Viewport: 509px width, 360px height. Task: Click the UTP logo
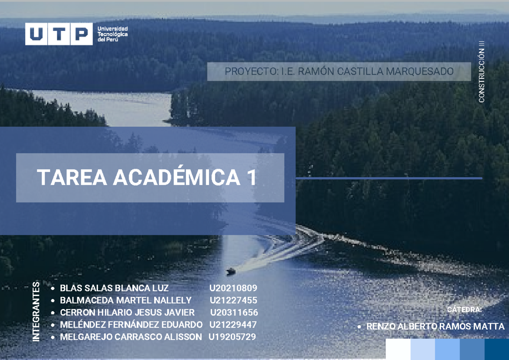[x=59, y=33]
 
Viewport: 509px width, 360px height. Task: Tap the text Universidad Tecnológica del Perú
[x=112, y=33]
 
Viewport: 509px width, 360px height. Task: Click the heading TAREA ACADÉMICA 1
[x=147, y=178]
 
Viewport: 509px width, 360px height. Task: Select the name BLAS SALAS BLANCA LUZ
[x=115, y=288]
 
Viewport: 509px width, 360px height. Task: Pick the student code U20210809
[x=233, y=288]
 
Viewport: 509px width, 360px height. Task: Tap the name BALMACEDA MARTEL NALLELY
[x=126, y=301]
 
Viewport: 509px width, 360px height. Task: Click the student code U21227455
[x=233, y=301]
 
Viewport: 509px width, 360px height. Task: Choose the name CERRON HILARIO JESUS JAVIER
[x=127, y=313]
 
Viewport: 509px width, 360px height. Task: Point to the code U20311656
[x=234, y=313]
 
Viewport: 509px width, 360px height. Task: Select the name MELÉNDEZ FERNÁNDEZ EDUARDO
[x=131, y=325]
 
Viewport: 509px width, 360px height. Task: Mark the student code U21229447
[x=233, y=325]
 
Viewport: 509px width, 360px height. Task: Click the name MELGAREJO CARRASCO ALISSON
[x=131, y=337]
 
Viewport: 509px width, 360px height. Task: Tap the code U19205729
[x=232, y=337]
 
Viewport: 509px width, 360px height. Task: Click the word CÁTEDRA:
[x=464, y=310]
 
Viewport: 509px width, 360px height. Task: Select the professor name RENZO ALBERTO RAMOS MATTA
[x=435, y=327]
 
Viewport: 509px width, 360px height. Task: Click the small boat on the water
[x=231, y=271]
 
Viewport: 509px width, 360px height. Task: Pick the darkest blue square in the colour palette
[x=497, y=349]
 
